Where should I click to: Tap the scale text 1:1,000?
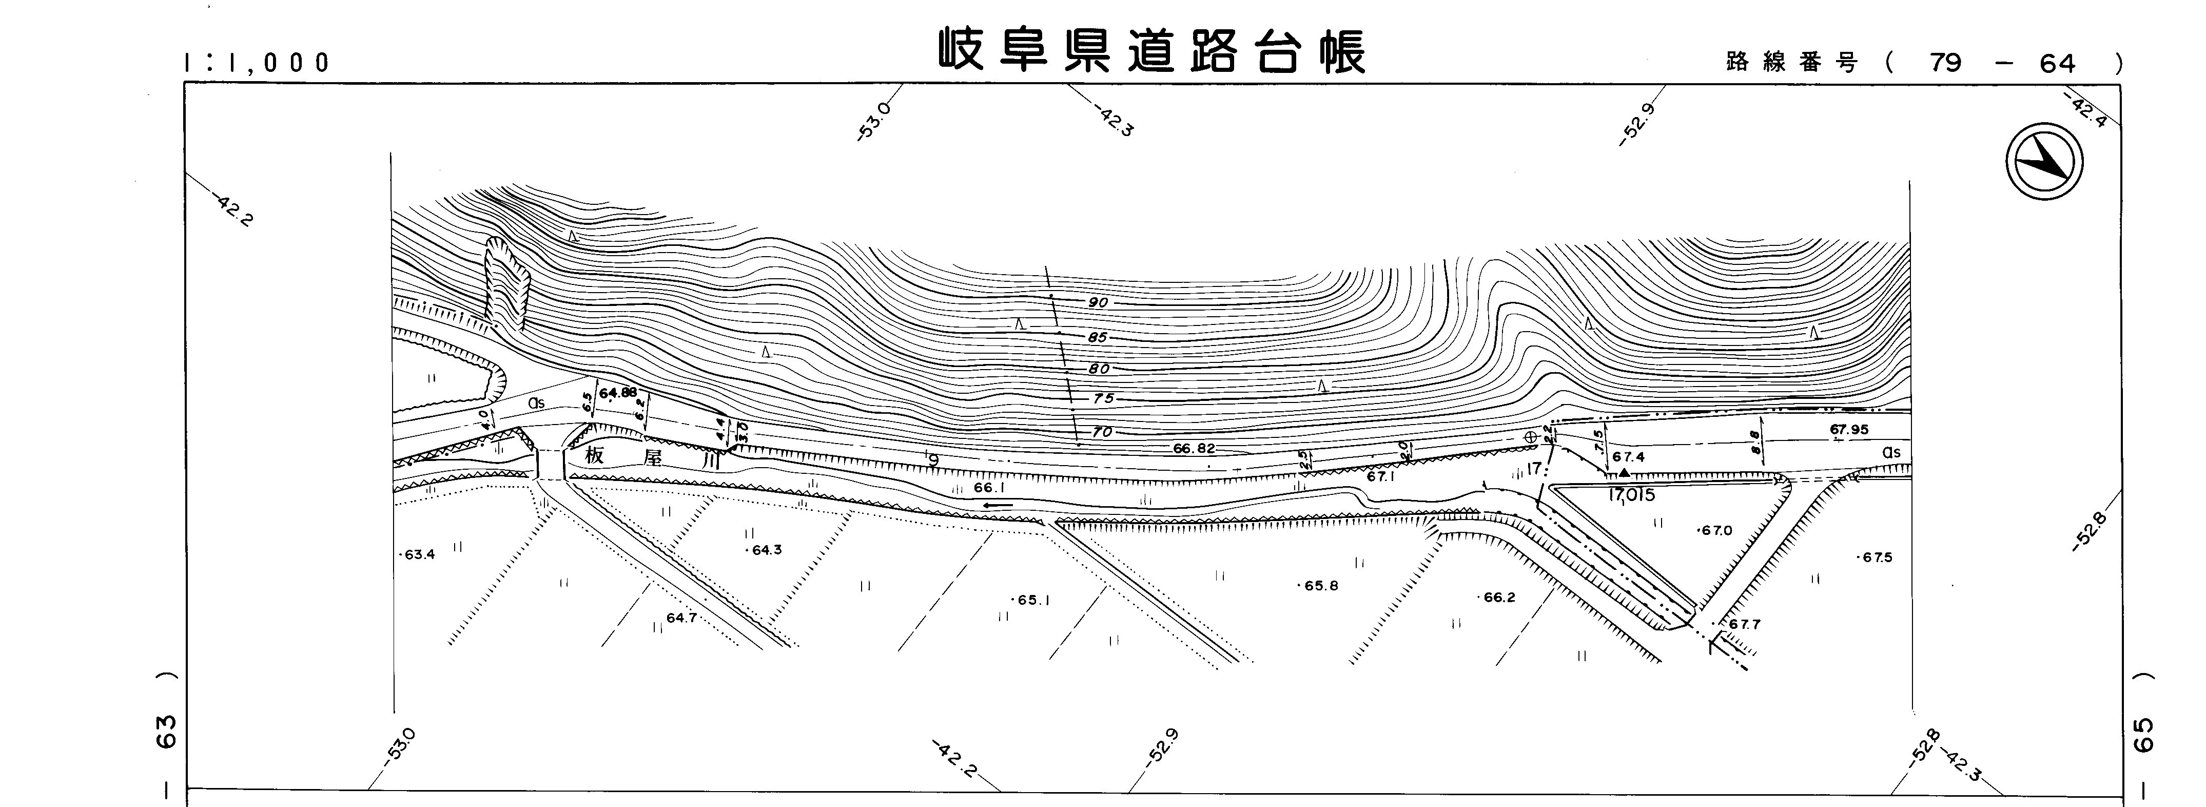tap(257, 63)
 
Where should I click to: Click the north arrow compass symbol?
tap(2044, 163)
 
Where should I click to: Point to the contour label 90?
tap(1099, 302)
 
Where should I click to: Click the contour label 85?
tap(1098, 338)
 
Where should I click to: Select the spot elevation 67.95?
tap(1849, 429)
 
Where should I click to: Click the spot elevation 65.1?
tap(1033, 600)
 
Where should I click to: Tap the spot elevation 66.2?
tap(1499, 597)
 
